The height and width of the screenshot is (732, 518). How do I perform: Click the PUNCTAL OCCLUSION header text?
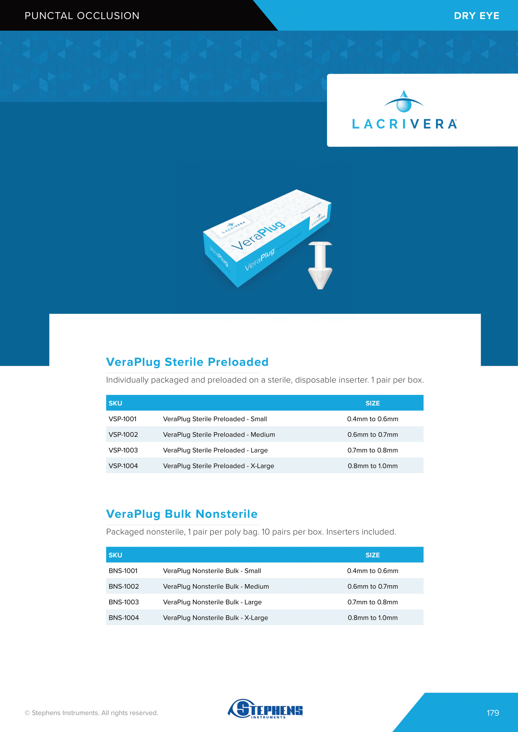pos(82,16)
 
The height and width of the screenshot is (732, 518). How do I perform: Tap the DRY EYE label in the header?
pos(476,16)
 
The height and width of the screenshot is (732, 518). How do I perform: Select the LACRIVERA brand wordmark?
pos(404,124)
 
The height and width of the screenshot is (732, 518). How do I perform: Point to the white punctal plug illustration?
pos(320,265)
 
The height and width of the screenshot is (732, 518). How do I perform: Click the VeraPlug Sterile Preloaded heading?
pos(187,362)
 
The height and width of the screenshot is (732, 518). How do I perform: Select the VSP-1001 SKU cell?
pos(123,419)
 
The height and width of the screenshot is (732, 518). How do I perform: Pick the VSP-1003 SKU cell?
pos(123,450)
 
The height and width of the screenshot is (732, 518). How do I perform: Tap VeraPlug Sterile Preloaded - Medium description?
pos(219,435)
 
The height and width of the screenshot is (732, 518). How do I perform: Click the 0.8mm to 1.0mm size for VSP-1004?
pos(372,466)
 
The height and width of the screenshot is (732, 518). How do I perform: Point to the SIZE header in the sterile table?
pos(372,403)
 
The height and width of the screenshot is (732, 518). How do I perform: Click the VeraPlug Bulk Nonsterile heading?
pos(182,514)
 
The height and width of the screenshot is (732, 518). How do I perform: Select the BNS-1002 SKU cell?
pos(124,587)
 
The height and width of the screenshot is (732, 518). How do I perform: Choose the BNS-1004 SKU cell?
pos(124,618)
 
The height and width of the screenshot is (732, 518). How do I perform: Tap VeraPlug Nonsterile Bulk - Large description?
pos(212,602)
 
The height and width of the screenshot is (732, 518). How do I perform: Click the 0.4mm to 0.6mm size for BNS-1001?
pos(372,571)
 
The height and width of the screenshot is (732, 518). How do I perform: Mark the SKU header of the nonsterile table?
pos(115,555)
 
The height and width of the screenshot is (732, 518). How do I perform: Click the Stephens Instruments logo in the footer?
pos(265,709)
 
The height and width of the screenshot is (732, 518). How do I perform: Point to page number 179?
pos(493,713)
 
